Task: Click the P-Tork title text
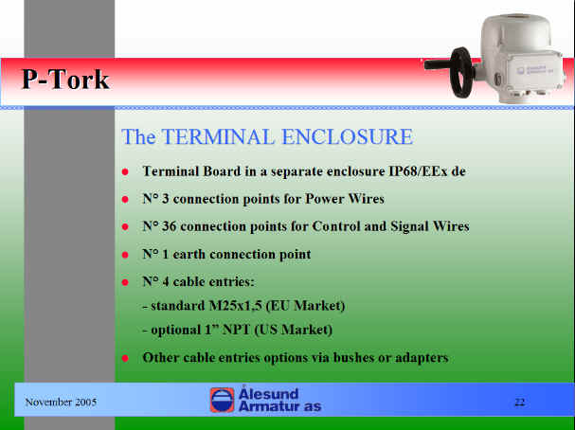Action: click(x=65, y=80)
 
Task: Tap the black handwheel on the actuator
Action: click(x=462, y=73)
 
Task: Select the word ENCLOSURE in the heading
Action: click(x=347, y=136)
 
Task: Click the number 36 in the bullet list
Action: click(x=169, y=226)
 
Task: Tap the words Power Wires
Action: click(x=345, y=199)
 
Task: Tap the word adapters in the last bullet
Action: click(x=422, y=358)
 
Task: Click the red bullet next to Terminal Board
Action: click(x=125, y=171)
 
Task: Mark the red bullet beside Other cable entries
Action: click(x=125, y=358)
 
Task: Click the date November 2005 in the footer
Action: click(x=61, y=403)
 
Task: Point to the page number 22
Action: click(x=520, y=403)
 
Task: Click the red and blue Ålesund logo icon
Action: click(x=223, y=400)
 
